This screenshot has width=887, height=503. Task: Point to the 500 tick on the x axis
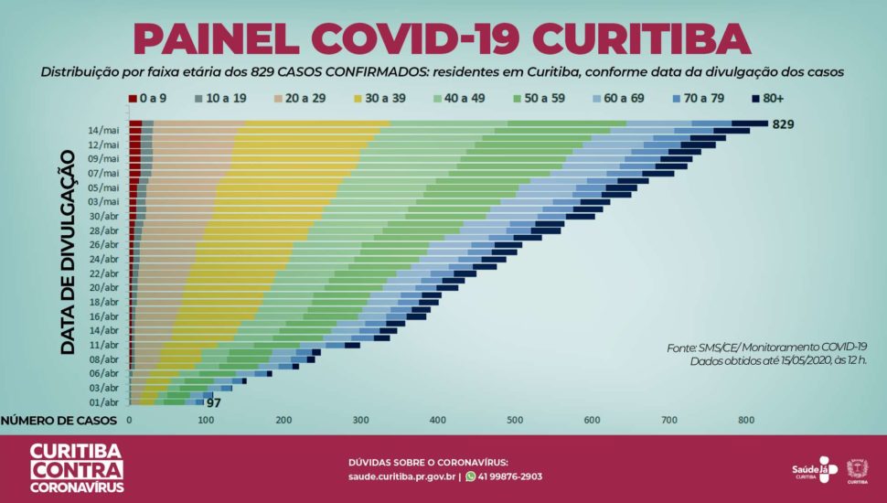coord(515,421)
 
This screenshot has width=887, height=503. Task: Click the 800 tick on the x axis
coord(746,421)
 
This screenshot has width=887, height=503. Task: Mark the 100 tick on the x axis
coord(207,421)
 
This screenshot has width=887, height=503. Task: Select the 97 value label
coord(214,402)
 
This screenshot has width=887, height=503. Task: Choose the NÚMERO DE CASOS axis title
coord(59,421)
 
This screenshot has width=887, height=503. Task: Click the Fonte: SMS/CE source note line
coord(766,347)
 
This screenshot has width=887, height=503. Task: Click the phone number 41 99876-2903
coord(510,476)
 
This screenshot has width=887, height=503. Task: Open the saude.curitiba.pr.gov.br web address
coord(401,476)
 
